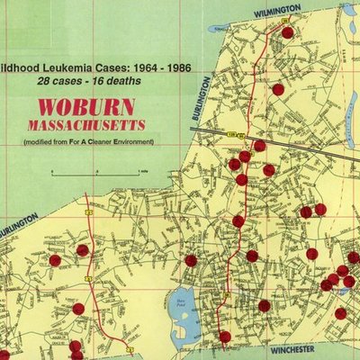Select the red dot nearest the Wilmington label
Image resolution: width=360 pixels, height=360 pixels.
(287, 32)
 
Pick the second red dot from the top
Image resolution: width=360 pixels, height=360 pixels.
(278, 89)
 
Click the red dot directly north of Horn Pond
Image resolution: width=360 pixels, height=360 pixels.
(191, 260)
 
